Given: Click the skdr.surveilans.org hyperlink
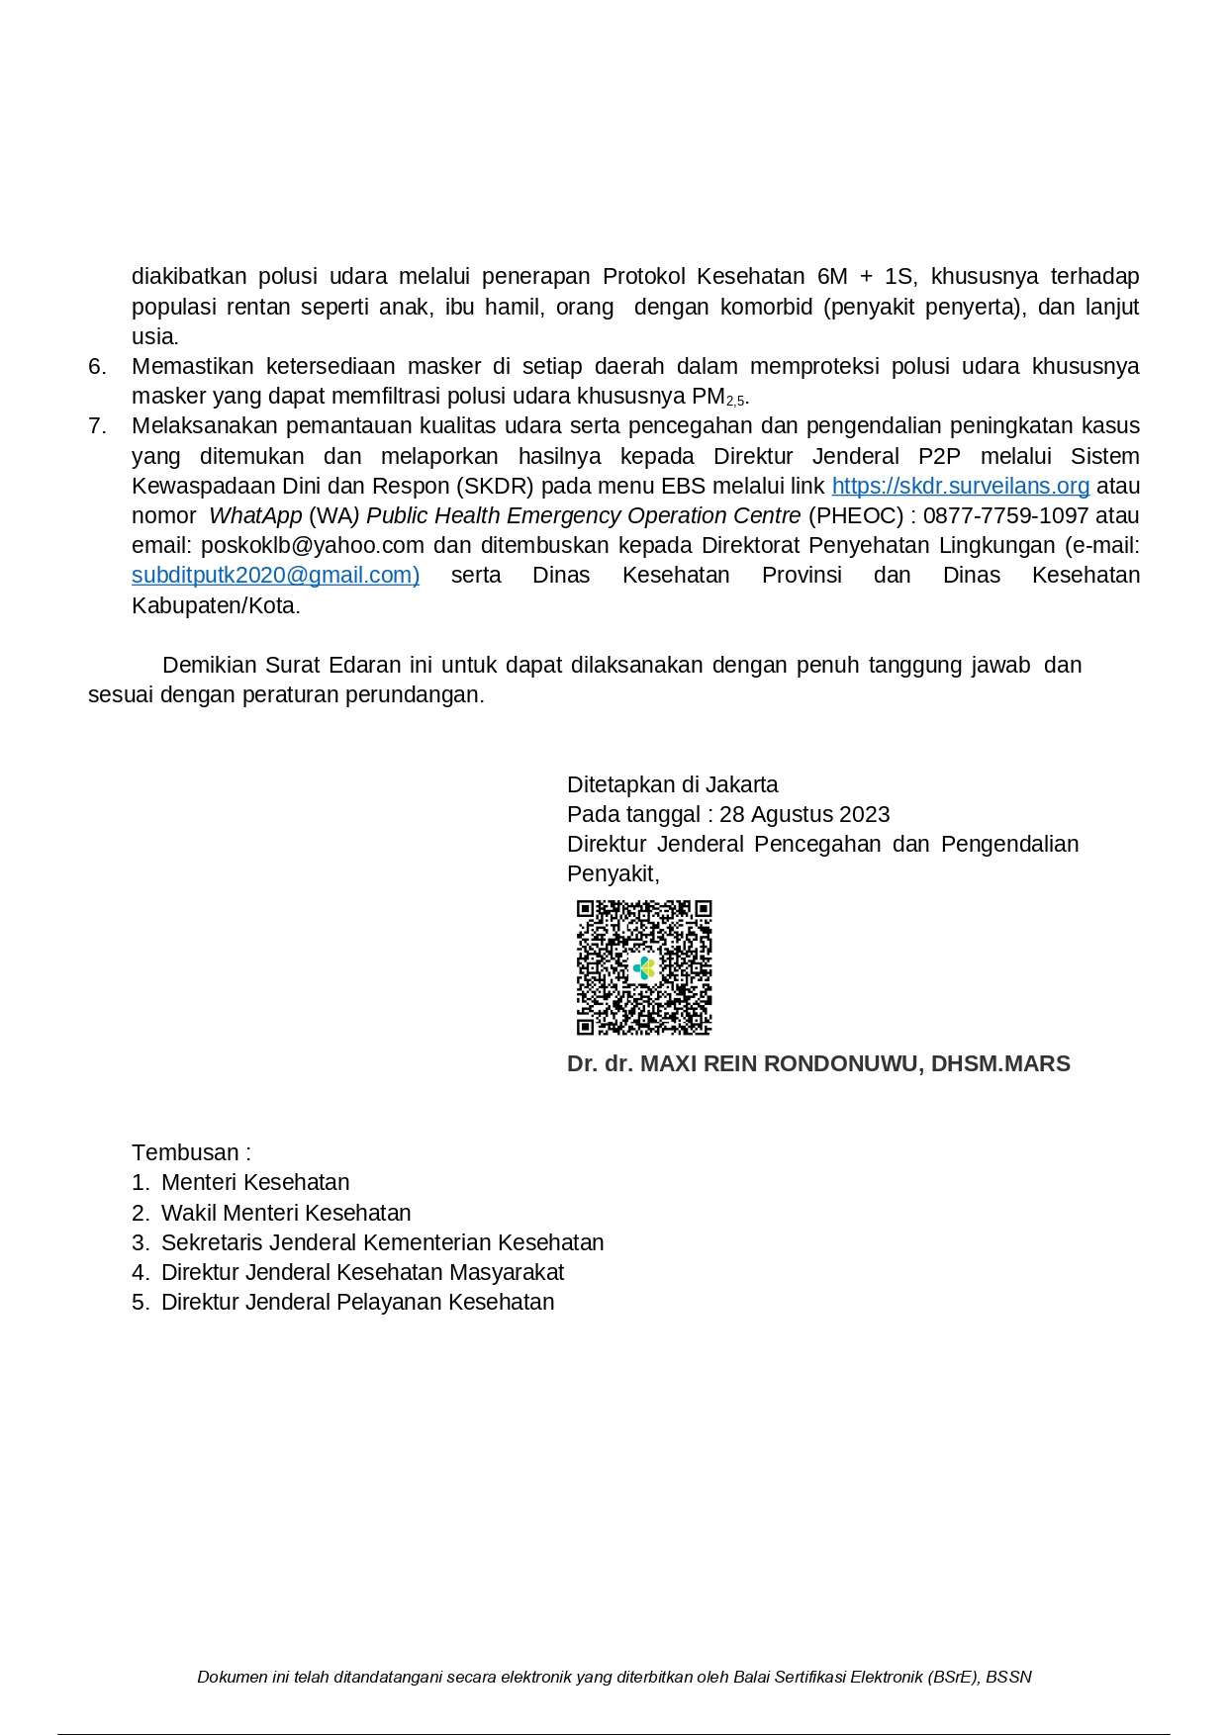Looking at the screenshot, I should pyautogui.click(x=960, y=486).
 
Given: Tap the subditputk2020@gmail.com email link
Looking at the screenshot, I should pyautogui.click(x=275, y=576).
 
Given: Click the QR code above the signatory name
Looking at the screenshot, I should pyautogui.click(x=644, y=967).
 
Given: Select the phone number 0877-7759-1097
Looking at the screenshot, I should pyautogui.click(x=1005, y=515).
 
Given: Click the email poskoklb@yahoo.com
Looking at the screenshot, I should pyautogui.click(x=313, y=546).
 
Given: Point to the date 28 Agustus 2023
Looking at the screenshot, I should pyautogui.click(x=804, y=814).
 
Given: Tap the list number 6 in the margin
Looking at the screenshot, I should pyautogui.click(x=97, y=367).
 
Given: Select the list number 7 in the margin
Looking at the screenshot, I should pyautogui.click(x=97, y=426).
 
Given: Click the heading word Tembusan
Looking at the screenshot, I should pyautogui.click(x=185, y=1153).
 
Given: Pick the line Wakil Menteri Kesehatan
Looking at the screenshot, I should pyautogui.click(x=286, y=1213).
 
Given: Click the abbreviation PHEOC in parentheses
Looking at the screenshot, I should pyautogui.click(x=856, y=515).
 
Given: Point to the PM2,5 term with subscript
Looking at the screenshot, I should pyautogui.click(x=719, y=398).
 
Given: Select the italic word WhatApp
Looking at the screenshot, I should pyautogui.click(x=255, y=515).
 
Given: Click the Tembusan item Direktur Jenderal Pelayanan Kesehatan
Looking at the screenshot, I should pyautogui.click(x=357, y=1302).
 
